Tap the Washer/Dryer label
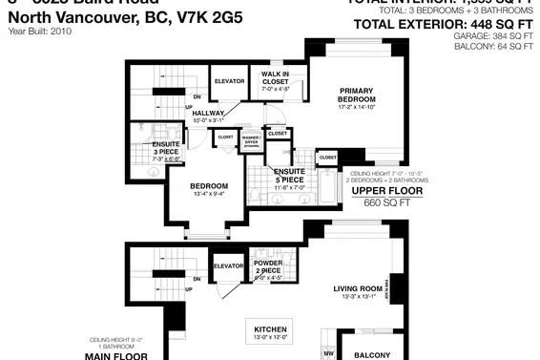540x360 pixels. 252,141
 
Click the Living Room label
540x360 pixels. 357,291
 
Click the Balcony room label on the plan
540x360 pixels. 373,354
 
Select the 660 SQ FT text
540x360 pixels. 380,202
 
